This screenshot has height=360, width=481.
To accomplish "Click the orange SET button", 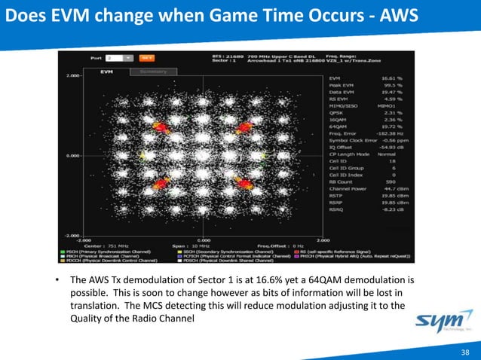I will pos(149,56).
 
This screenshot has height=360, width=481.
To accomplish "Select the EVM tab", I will pos(107,72).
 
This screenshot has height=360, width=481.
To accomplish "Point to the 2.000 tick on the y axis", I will pos(73,77).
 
